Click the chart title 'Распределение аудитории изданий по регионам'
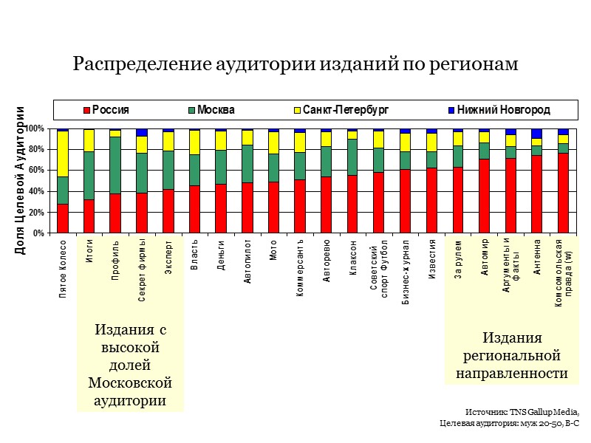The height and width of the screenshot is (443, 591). [295, 65]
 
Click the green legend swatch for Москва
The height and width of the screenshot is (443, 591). [192, 110]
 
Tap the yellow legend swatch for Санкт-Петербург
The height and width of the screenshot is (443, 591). [298, 110]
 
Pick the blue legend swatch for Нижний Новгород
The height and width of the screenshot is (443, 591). [451, 110]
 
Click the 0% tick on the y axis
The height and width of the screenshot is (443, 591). [37, 233]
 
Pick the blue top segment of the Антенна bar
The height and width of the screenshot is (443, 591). [537, 134]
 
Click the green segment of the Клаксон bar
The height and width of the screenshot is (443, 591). [352, 157]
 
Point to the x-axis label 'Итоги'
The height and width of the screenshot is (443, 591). [89, 251]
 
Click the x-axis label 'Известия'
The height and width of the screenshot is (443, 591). [431, 256]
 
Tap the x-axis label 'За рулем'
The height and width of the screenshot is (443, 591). [458, 255]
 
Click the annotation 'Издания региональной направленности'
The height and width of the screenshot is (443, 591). [512, 356]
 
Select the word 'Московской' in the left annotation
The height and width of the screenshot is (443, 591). [130, 382]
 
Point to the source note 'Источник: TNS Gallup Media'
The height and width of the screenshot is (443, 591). [522, 411]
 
